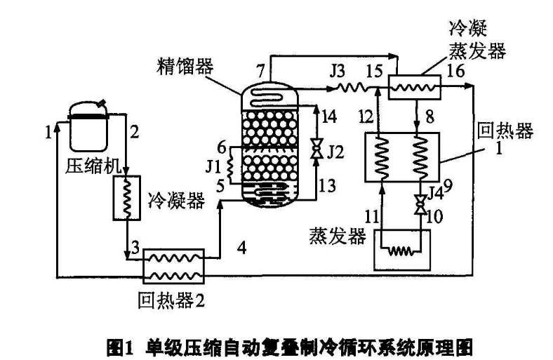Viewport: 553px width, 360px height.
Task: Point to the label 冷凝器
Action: [176, 201]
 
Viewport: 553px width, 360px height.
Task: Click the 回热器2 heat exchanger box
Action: [173, 265]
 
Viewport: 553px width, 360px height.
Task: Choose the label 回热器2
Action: [171, 302]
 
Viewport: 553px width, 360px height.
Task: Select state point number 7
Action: [260, 70]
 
